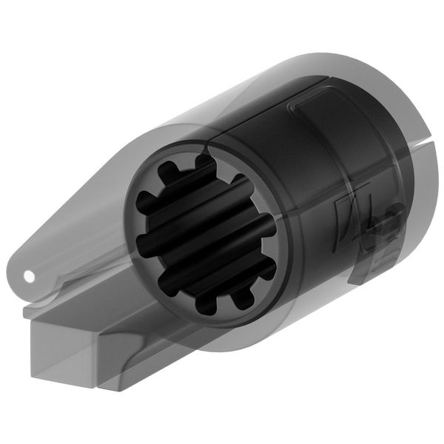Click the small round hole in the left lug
(29, 276)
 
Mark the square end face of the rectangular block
(64, 354)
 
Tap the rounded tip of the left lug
(16, 274)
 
